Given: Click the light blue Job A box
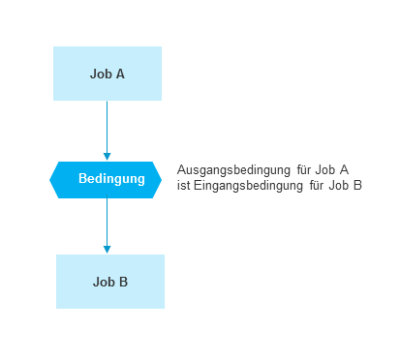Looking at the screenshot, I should coord(108,73).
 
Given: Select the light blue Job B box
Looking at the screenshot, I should coord(110,282).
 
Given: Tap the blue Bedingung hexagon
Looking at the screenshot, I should coord(107,179).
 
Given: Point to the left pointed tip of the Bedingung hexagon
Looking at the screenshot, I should coord(51,179).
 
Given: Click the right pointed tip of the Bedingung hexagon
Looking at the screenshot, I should coord(162,179).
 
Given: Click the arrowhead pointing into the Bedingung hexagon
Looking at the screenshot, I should coord(108,155).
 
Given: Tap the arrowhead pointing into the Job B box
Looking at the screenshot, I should coord(108,249).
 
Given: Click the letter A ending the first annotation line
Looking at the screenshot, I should coord(344,169).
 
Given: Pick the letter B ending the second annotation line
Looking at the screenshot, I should coord(357,185).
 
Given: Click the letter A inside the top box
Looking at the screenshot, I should coord(120,73).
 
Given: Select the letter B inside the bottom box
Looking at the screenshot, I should coord(124,282).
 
